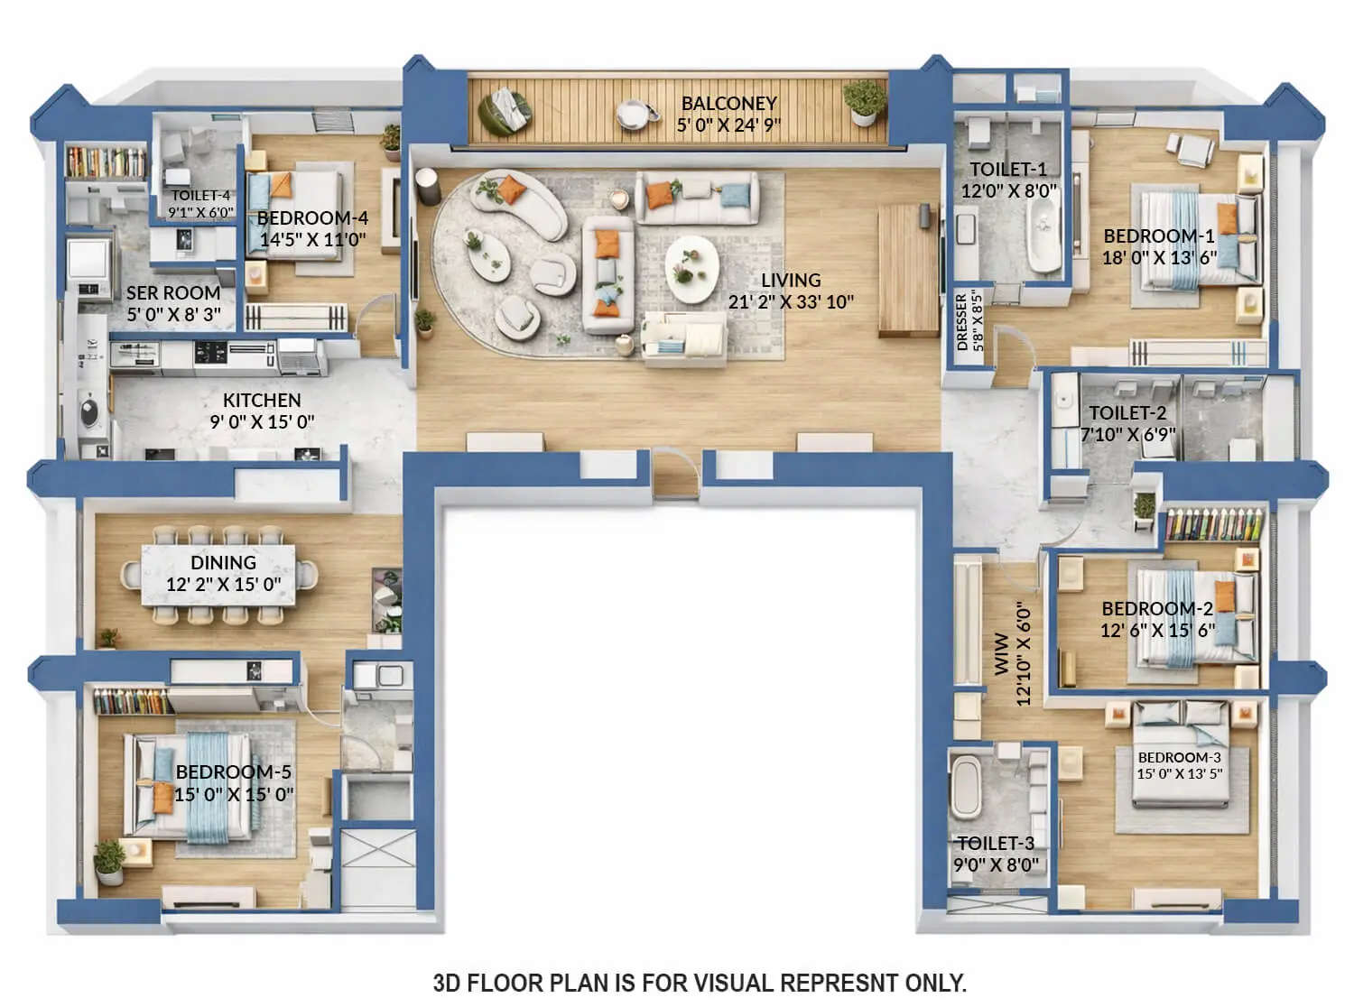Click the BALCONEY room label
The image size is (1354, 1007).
[x=728, y=103]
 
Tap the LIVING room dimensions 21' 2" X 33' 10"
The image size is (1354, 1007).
[x=790, y=302]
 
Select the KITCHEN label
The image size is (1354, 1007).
[x=262, y=400]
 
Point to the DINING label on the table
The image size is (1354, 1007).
[x=223, y=562]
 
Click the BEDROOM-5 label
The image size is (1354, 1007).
[x=234, y=772]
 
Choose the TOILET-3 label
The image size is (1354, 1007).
[x=996, y=843]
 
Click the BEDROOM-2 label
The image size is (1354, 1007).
[x=1156, y=608]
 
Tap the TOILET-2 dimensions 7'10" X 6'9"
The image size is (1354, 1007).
[x=1127, y=434]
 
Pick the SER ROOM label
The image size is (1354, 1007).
[x=173, y=293]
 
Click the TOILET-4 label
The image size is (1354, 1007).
[x=200, y=195]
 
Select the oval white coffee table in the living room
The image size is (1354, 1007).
[x=691, y=270]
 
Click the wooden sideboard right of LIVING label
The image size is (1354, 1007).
[x=908, y=271]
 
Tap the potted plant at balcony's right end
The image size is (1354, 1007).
[x=864, y=100]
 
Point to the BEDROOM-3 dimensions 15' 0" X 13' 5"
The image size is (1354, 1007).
[x=1179, y=773]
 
